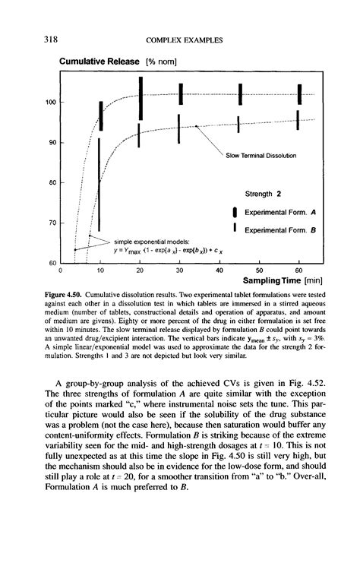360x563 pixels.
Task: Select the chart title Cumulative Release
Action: point(98,60)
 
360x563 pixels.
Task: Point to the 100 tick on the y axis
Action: point(52,102)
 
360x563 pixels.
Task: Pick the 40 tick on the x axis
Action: point(218,270)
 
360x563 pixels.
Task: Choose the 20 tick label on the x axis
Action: point(140,270)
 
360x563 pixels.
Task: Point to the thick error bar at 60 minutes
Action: point(298,93)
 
